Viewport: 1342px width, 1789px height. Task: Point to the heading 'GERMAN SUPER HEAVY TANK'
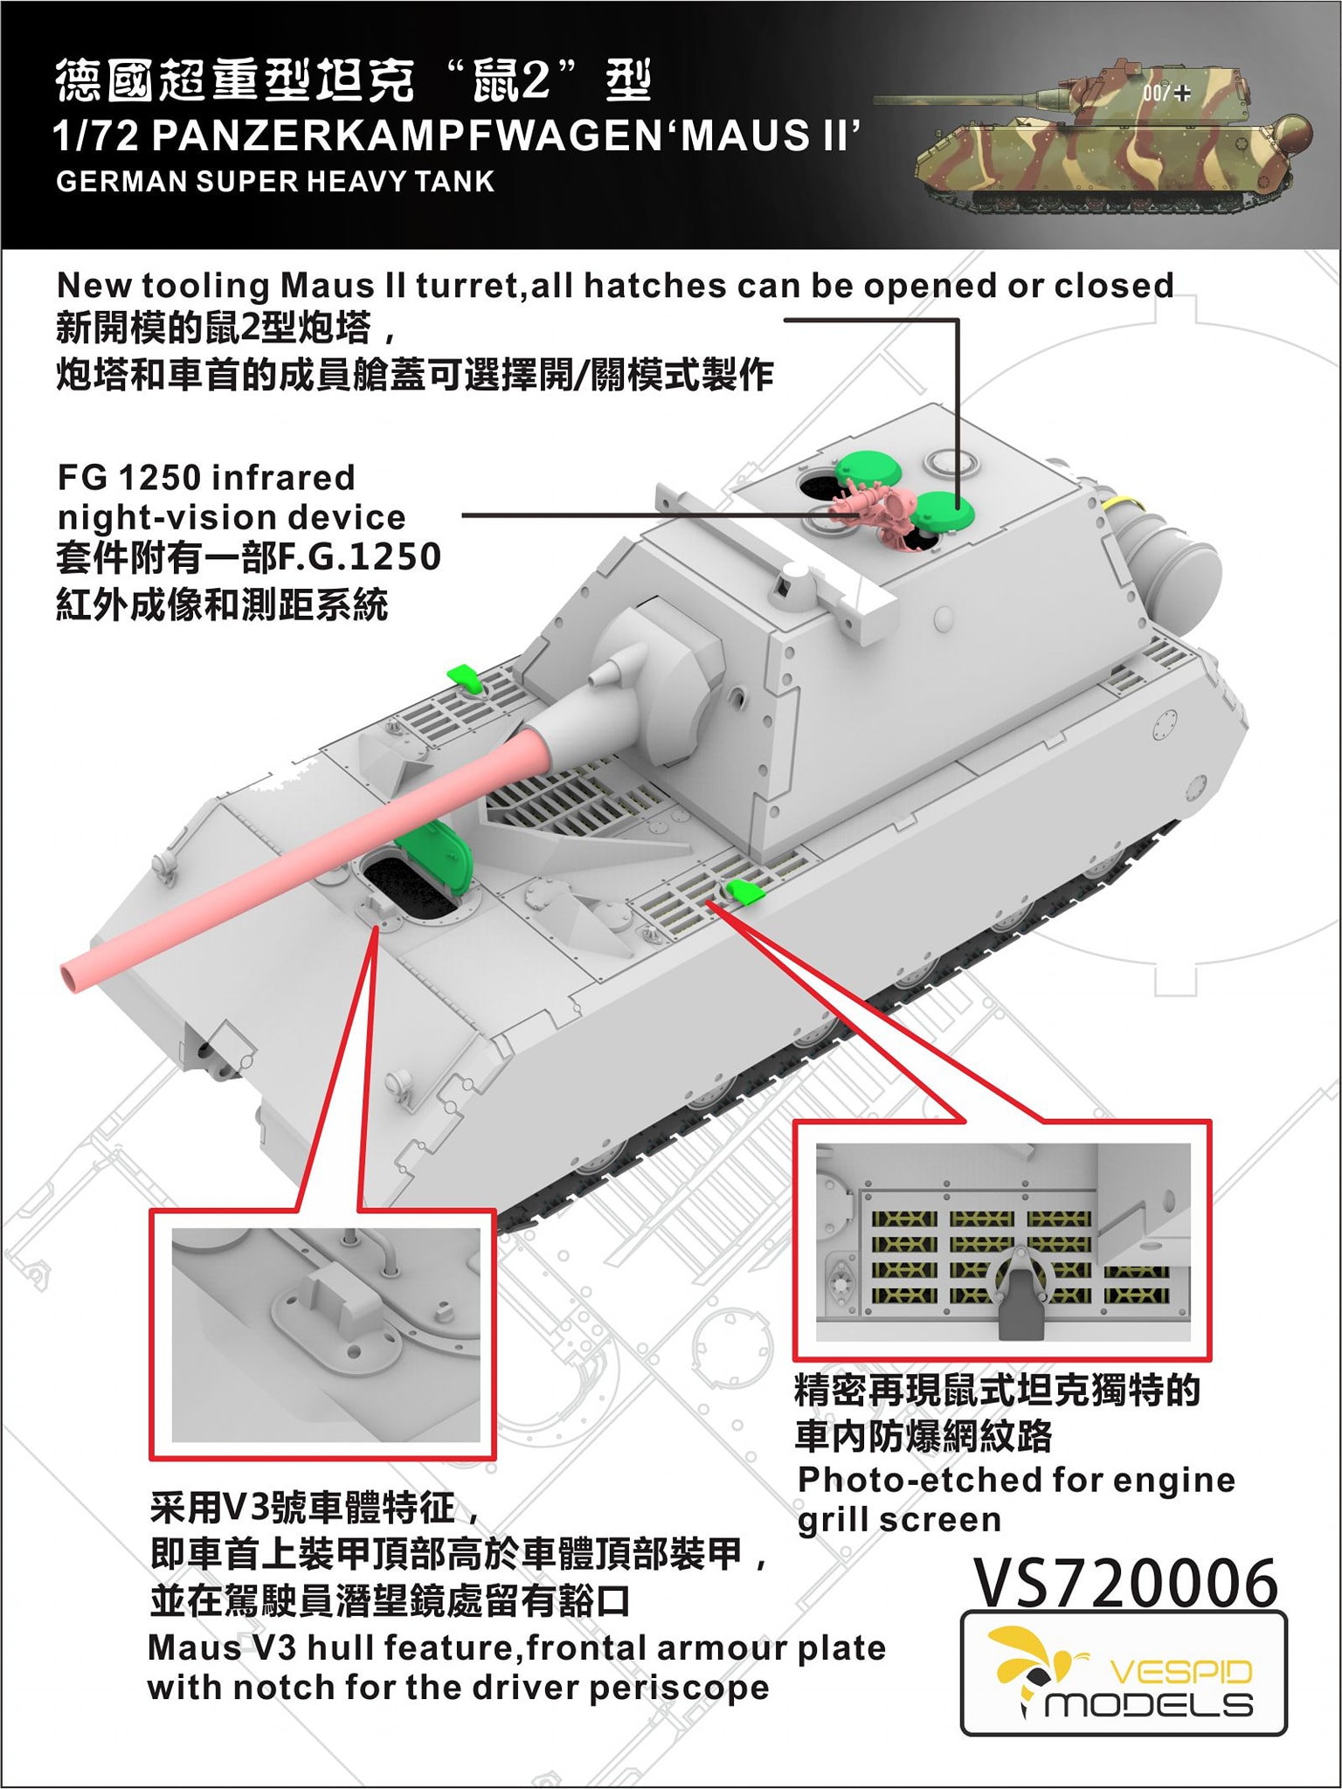coord(275,182)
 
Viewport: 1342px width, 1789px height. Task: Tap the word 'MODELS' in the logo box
coord(1150,1704)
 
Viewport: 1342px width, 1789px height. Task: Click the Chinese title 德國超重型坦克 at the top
coord(235,82)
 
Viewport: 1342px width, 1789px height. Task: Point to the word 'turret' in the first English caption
coord(464,286)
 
